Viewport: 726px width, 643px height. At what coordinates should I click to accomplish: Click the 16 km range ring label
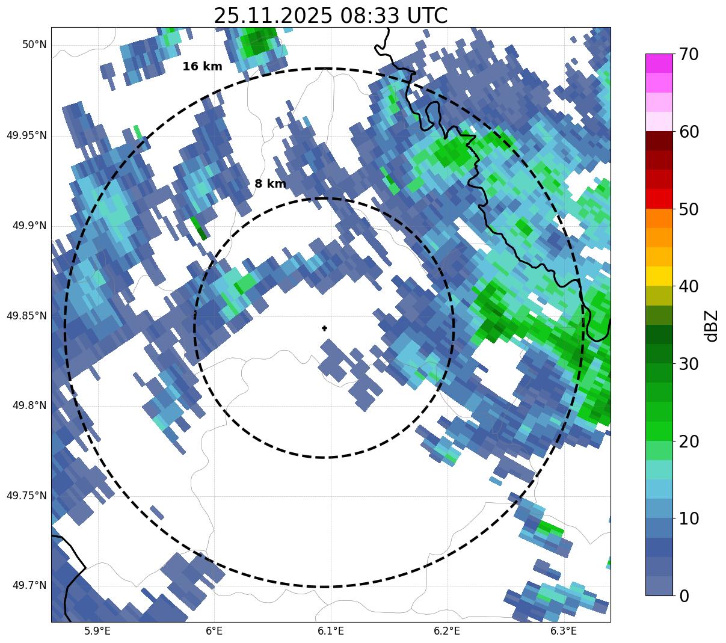tap(202, 67)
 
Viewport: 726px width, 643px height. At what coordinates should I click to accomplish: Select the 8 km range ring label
tap(270, 184)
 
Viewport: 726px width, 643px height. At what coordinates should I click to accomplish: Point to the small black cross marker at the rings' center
tap(325, 328)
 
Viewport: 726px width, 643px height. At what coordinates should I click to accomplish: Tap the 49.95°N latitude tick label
tap(26, 135)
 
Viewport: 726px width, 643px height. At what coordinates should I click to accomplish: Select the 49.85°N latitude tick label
tap(26, 316)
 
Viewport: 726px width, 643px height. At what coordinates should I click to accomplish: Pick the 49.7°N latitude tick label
tap(29, 586)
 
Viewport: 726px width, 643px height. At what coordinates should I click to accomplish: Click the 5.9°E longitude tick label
tap(97, 631)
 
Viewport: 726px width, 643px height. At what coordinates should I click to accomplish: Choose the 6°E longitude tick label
tap(214, 631)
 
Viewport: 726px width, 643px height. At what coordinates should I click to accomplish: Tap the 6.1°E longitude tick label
tap(331, 631)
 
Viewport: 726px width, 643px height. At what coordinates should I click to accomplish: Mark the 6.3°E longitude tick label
tap(564, 631)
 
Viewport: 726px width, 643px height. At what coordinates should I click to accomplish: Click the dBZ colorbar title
tap(712, 325)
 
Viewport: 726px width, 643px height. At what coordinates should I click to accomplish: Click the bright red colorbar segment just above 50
tap(659, 198)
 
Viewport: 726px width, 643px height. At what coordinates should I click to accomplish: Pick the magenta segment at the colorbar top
tap(659, 63)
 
